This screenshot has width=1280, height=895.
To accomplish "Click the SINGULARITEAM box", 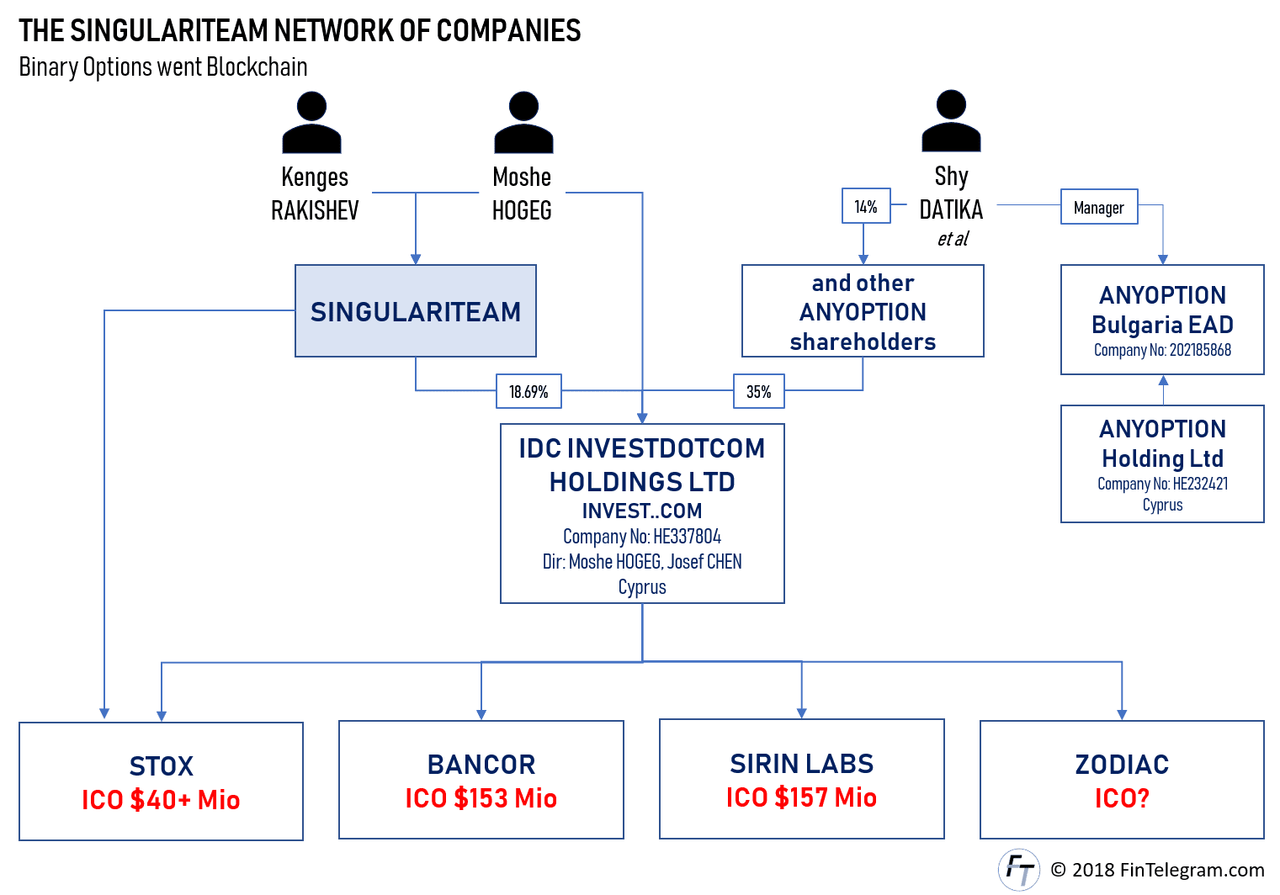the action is click(416, 310).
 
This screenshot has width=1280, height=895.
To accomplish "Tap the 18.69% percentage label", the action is click(528, 391).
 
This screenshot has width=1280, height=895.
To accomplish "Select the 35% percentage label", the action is click(759, 391).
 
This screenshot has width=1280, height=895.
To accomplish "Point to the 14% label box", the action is click(866, 205).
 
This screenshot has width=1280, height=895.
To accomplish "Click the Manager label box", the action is click(1099, 207).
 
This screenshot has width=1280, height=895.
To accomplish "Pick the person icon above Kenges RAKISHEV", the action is click(311, 122).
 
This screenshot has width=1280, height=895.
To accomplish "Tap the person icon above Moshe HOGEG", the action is click(523, 122).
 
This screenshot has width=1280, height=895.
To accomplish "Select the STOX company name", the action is click(161, 766).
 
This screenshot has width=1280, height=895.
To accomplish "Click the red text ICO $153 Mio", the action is click(481, 798).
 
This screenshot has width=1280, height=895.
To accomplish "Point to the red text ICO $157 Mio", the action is click(801, 797).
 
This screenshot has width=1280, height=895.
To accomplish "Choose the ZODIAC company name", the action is click(1122, 765).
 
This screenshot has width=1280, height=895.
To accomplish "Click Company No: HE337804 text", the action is click(642, 537).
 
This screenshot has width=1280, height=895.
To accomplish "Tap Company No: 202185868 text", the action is click(1162, 350).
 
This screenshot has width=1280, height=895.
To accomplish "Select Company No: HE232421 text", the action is click(1162, 484).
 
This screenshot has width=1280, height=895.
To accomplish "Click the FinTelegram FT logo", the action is click(1019, 869).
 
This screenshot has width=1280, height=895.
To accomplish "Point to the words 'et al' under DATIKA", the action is click(953, 239).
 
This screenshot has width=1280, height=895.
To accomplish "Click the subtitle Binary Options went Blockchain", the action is click(163, 66).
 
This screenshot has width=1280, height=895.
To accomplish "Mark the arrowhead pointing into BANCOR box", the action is click(481, 714).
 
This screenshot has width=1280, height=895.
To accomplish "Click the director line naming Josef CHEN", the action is click(642, 561).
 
